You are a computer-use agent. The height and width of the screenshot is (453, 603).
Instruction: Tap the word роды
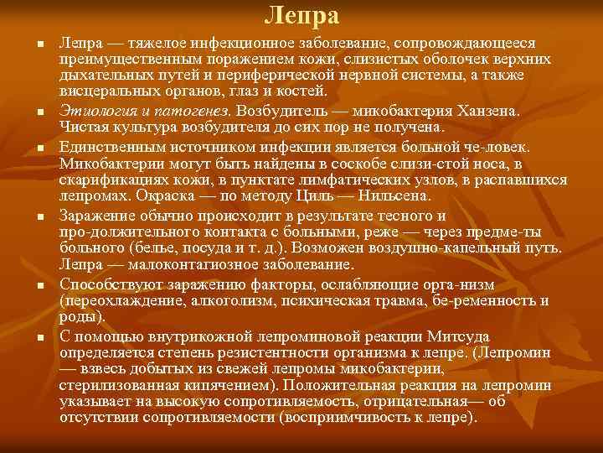[x=80, y=316]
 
